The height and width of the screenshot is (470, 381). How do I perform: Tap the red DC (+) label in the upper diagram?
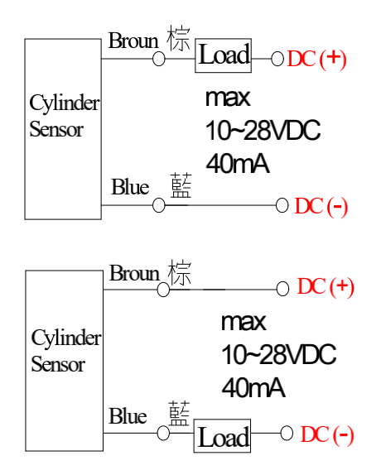click(x=316, y=59)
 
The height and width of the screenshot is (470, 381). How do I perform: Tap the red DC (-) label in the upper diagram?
click(x=321, y=206)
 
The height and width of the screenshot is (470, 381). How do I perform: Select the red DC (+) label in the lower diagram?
click(x=326, y=287)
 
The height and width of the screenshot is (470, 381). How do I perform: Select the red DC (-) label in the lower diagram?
click(x=327, y=434)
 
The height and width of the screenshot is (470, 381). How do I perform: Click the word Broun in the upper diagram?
click(x=133, y=41)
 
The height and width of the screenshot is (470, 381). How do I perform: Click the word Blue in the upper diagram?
click(x=130, y=186)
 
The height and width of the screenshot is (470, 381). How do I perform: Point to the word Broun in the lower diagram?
click(x=134, y=273)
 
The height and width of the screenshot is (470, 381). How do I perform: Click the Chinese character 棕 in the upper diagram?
click(x=179, y=38)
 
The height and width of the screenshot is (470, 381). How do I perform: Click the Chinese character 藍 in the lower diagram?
click(x=179, y=414)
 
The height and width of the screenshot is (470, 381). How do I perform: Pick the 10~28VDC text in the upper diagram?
click(x=263, y=130)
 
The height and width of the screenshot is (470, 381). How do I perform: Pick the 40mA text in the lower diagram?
click(x=253, y=387)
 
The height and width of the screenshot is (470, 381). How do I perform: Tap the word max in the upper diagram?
click(x=228, y=98)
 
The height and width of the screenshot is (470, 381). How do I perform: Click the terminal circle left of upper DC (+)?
click(x=277, y=59)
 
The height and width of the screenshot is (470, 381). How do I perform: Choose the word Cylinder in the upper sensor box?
click(x=65, y=103)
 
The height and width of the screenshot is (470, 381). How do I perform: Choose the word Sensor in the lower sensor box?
click(x=58, y=364)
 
